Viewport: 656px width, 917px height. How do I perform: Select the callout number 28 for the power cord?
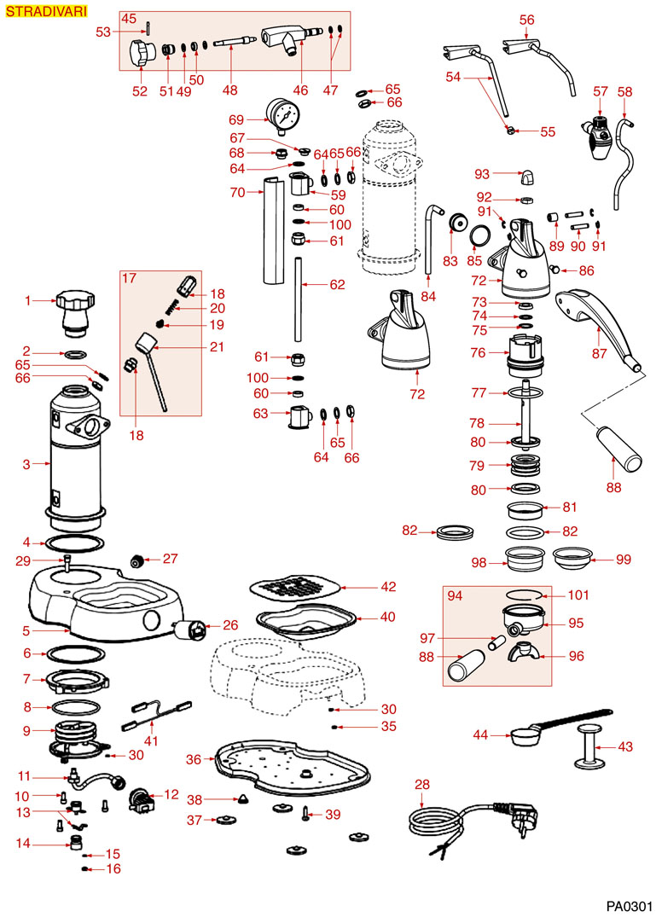pyautogui.click(x=421, y=784)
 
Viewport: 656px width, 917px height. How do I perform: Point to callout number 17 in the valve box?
pyautogui.click(x=129, y=277)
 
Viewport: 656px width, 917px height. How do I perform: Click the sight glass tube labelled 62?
pyautogui.click(x=299, y=299)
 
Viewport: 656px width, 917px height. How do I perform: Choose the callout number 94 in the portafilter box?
pyautogui.click(x=456, y=595)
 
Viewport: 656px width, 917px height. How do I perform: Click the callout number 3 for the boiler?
pyautogui.click(x=26, y=464)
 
